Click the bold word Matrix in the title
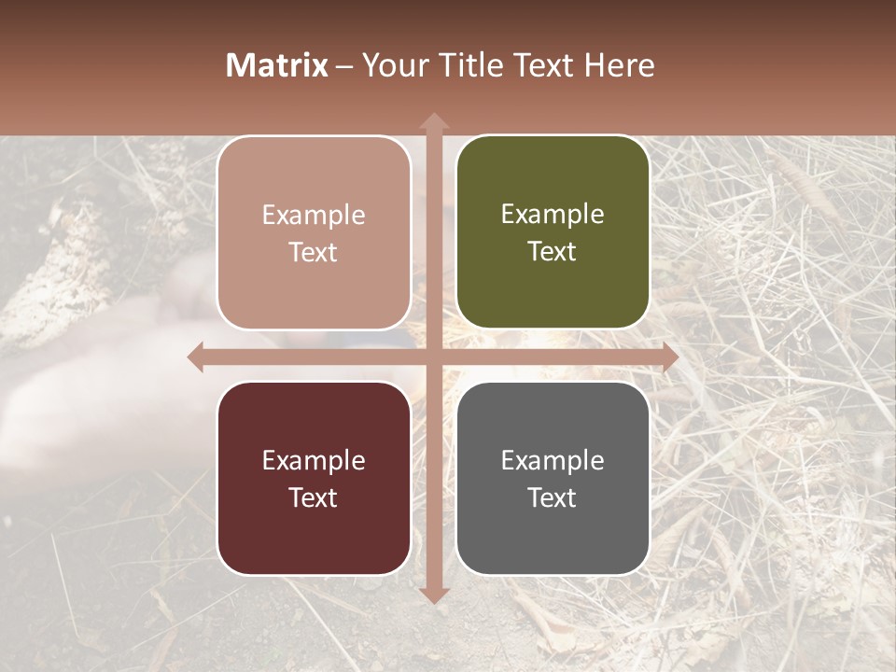(277, 65)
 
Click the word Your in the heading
(389, 65)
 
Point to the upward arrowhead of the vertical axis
(433, 122)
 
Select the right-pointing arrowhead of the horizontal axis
(669, 357)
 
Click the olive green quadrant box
(553, 232)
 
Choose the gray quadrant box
(553, 478)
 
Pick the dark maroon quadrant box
(314, 478)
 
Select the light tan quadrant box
(314, 232)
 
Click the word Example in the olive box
(553, 215)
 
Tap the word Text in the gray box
(553, 497)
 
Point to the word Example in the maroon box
(314, 460)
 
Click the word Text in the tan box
(314, 252)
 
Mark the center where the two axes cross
(433, 357)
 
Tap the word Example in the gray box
(553, 460)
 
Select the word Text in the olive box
(553, 251)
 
